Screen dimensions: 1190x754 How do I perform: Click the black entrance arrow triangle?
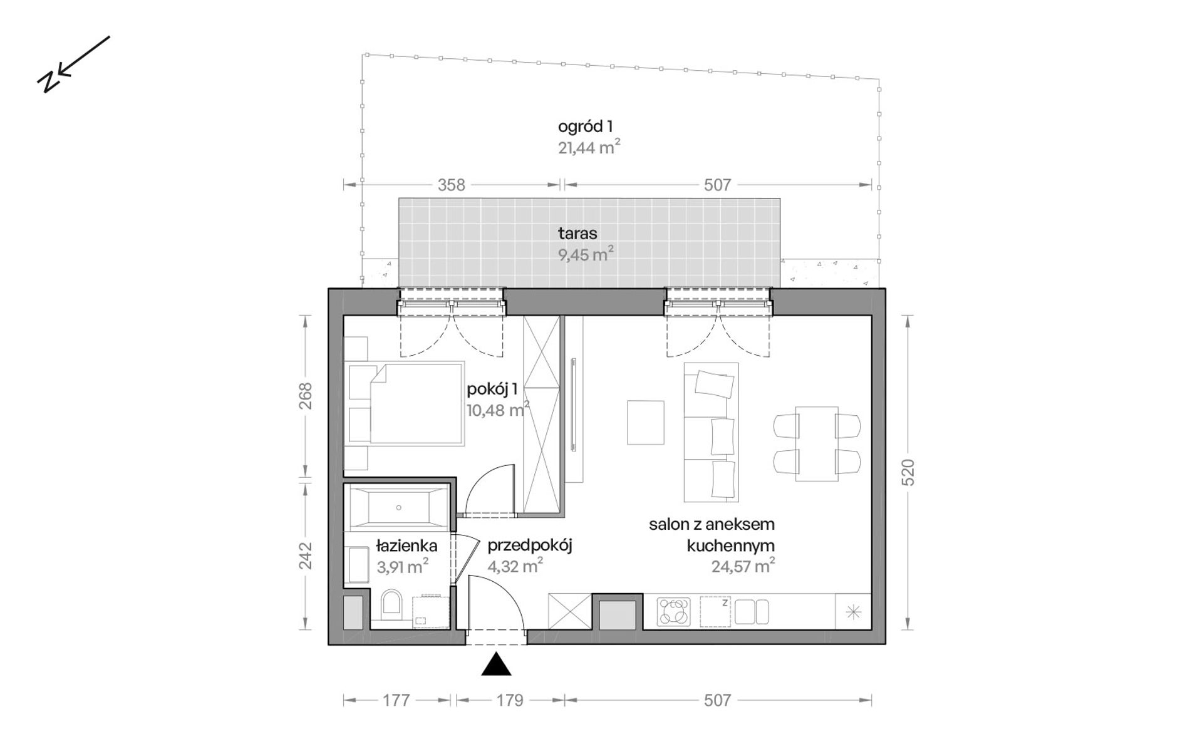pos(496,664)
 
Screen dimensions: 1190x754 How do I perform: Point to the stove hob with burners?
pos(673,612)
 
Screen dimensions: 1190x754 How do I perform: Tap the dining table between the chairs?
pos(817,444)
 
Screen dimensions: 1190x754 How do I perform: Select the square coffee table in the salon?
pos(646,423)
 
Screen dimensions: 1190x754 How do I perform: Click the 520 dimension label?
pos(909,473)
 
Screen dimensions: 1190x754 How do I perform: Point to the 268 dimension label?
pos(305,396)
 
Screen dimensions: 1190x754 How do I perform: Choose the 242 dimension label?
pos(305,555)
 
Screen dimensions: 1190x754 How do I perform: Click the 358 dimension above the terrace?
pos(452,185)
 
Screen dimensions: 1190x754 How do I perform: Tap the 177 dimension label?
pos(396,700)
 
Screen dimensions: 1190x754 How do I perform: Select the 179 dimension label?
pos(510,700)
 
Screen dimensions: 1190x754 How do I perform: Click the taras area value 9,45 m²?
pos(586,254)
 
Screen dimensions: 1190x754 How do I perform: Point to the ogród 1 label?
pos(585,127)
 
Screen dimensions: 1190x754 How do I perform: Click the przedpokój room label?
pos(530,546)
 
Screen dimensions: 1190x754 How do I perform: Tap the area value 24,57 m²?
pos(743,566)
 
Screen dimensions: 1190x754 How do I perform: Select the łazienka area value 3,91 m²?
pos(402,567)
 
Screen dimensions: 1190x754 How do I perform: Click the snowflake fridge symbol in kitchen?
pos(853,612)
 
